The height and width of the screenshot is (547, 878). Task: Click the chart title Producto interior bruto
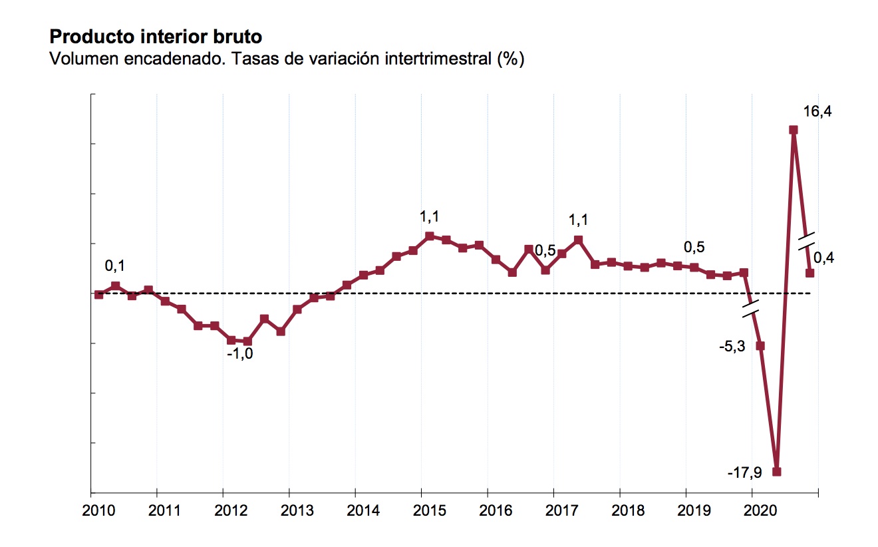click(151, 36)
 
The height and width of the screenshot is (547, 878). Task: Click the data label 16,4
click(817, 112)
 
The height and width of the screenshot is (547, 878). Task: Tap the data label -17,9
click(744, 473)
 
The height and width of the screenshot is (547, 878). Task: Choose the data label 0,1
click(115, 267)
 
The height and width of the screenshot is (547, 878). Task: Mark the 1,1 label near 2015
click(429, 217)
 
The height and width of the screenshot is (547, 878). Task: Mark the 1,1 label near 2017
click(578, 220)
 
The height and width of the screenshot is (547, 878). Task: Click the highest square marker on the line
click(794, 130)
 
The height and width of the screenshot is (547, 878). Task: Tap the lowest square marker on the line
click(776, 472)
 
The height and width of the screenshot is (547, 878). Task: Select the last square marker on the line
click(810, 273)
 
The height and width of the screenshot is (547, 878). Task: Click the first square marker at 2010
click(99, 294)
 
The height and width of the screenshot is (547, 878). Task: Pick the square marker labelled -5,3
click(760, 346)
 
